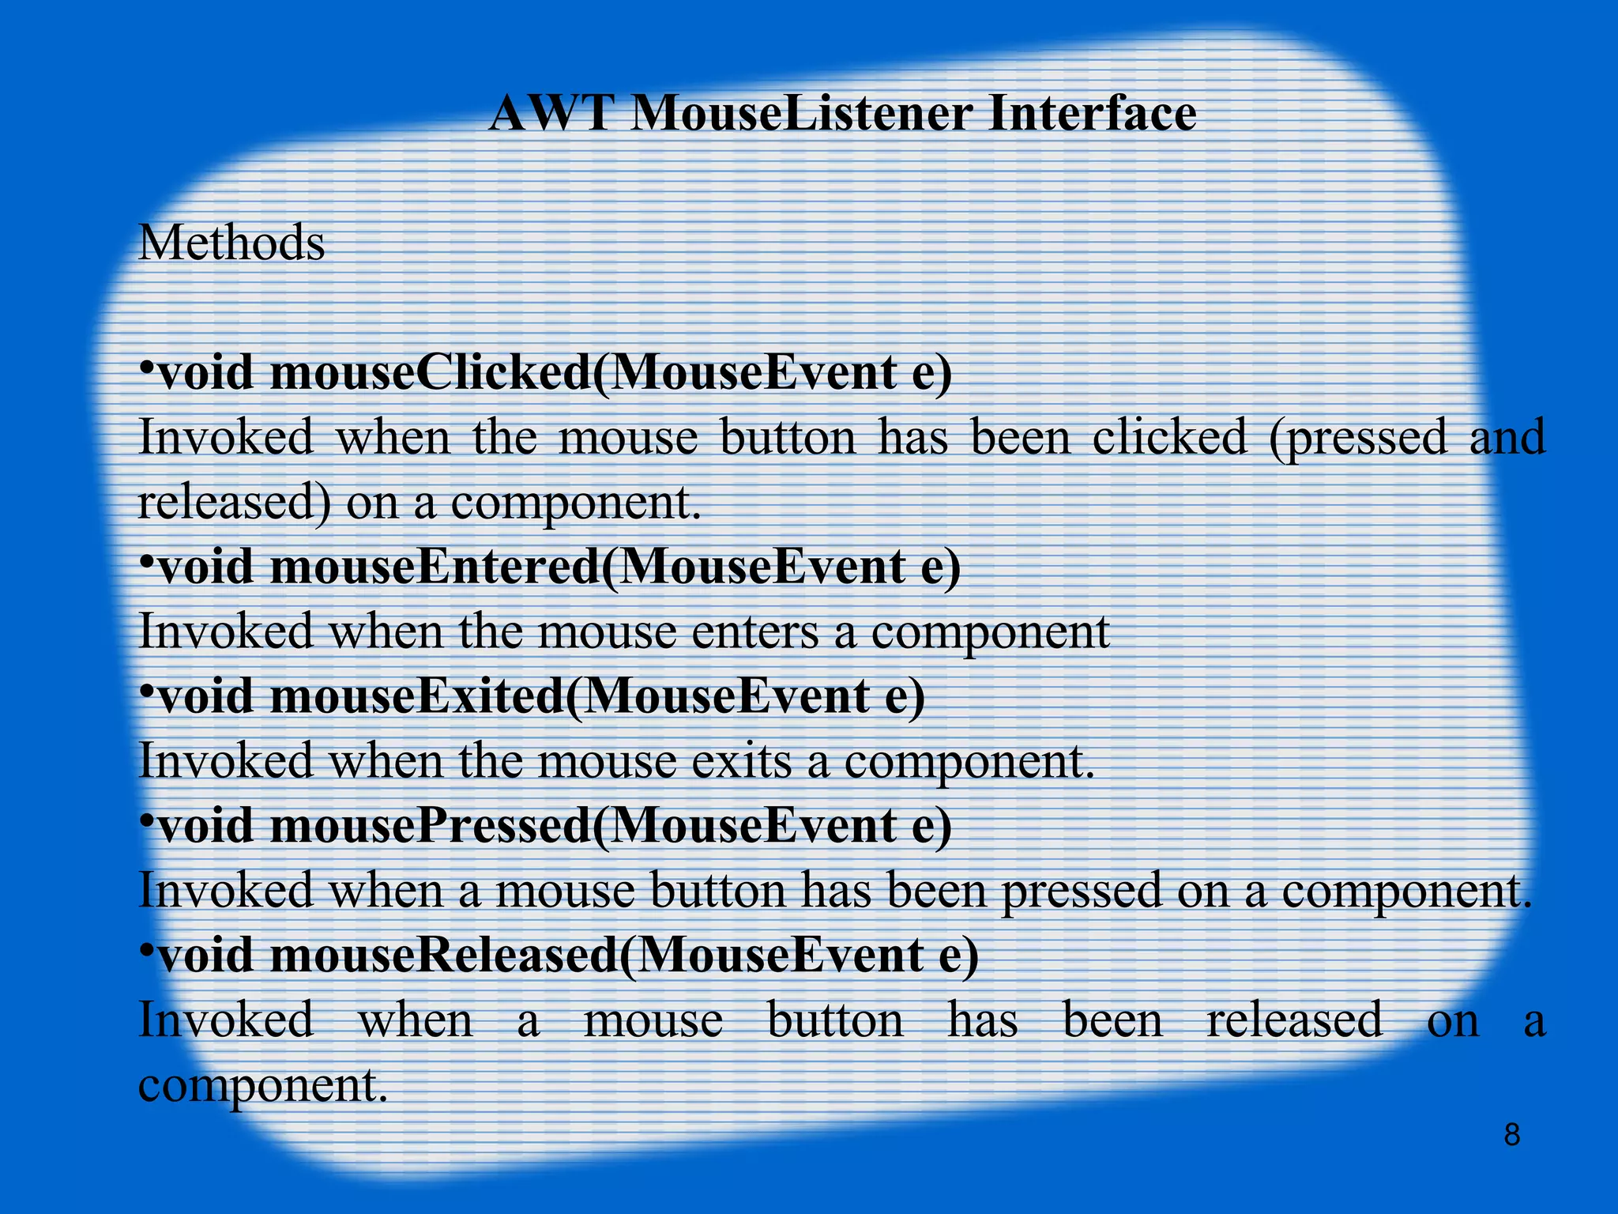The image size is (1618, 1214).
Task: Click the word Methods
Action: click(x=231, y=243)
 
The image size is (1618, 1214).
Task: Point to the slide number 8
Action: click(x=1511, y=1135)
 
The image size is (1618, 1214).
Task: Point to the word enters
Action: click(x=759, y=632)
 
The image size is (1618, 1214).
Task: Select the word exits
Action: click(x=746, y=762)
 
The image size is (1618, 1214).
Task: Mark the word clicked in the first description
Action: click(x=1169, y=437)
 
